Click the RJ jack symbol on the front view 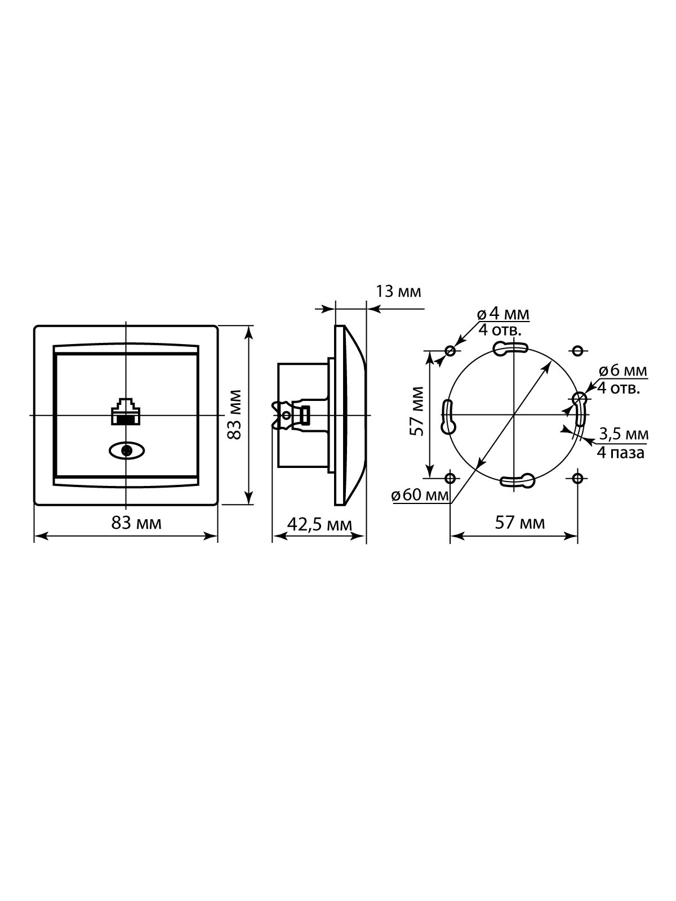(126, 411)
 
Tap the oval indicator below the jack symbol (127, 450)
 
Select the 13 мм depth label (398, 291)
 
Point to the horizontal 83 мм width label (136, 523)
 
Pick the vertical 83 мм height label (235, 414)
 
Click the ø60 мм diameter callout (421, 495)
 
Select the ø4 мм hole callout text (503, 314)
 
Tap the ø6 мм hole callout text (623, 371)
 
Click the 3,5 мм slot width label (624, 434)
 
